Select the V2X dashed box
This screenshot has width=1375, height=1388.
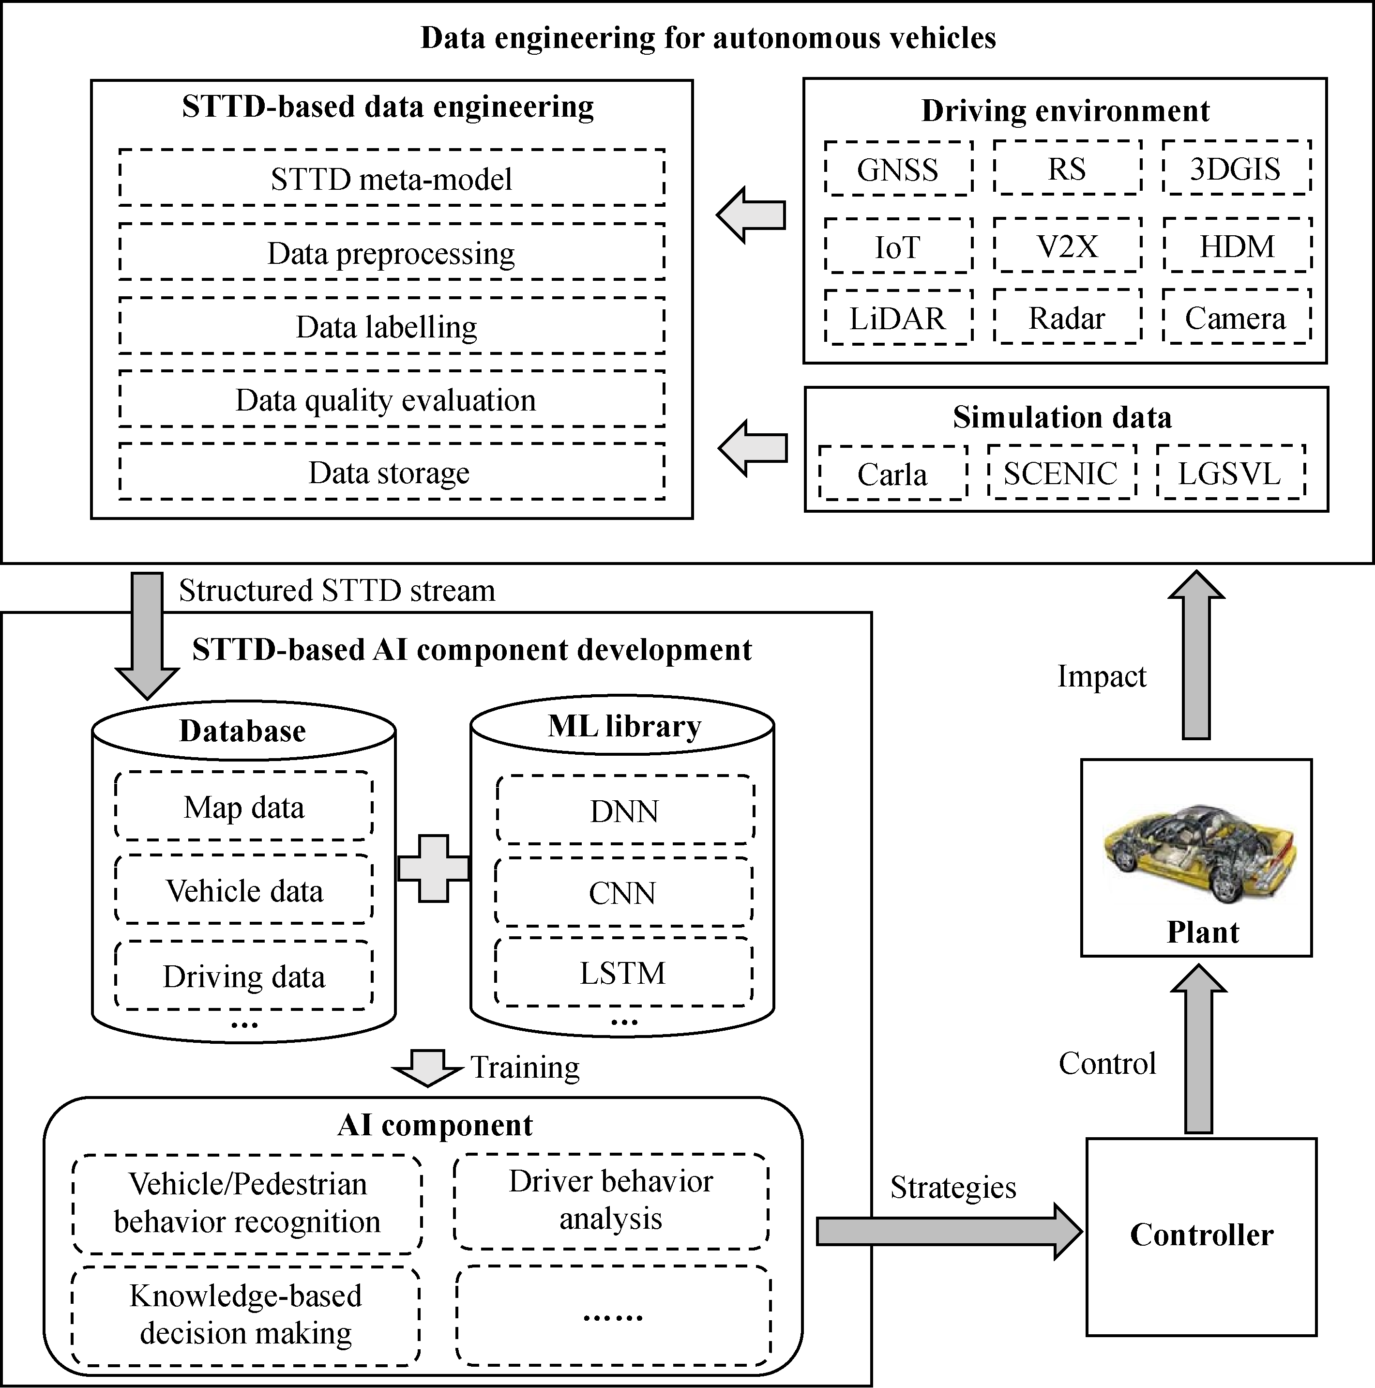point(1068,246)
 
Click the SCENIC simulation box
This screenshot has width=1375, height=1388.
point(1061,473)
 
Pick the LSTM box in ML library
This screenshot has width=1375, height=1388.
point(623,973)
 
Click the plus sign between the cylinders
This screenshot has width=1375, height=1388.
point(433,868)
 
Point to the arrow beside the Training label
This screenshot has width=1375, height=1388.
point(427,1067)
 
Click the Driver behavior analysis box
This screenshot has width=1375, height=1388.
point(611,1201)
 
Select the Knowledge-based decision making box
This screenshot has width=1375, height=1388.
point(246,1315)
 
